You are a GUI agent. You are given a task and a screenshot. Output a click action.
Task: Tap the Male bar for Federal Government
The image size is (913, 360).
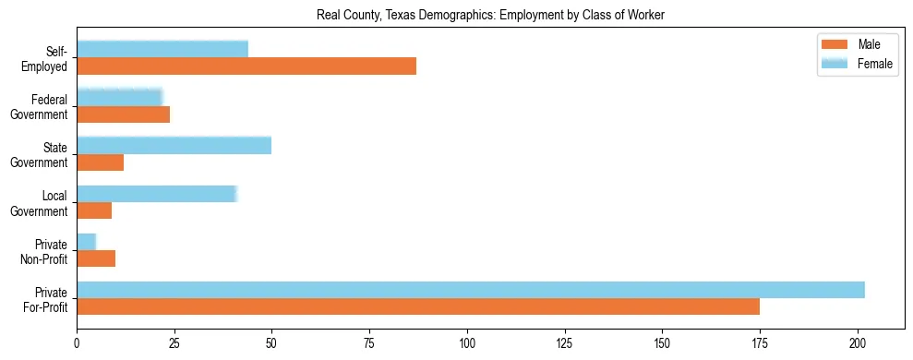(123, 114)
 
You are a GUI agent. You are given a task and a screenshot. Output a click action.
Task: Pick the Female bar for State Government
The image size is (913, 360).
(174, 145)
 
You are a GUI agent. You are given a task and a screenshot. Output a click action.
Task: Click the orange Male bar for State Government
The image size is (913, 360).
(100, 162)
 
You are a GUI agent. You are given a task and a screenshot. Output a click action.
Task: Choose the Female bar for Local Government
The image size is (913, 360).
(157, 194)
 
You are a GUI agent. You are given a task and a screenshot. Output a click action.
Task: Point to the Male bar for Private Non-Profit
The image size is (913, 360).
(96, 258)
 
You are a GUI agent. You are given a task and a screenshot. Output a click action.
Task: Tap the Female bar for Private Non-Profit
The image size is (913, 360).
(87, 242)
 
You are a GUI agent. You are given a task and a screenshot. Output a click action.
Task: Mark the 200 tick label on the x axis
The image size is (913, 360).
(858, 341)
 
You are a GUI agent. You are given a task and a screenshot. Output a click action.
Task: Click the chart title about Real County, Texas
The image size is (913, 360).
(490, 14)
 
